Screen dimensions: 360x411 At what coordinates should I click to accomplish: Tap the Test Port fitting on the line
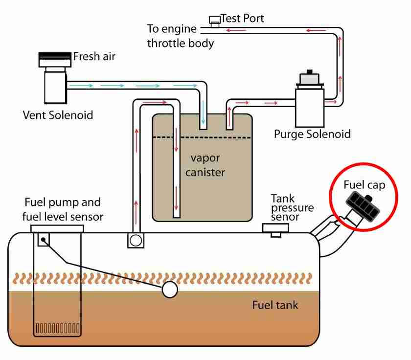(x=214, y=21)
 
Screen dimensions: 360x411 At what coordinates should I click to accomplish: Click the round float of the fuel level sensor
(x=169, y=290)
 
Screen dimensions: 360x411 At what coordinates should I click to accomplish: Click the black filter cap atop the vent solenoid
(x=55, y=58)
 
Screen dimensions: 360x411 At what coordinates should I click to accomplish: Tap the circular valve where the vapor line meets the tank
(x=135, y=240)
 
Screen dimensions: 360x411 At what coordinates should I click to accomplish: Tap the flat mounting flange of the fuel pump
(x=57, y=228)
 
